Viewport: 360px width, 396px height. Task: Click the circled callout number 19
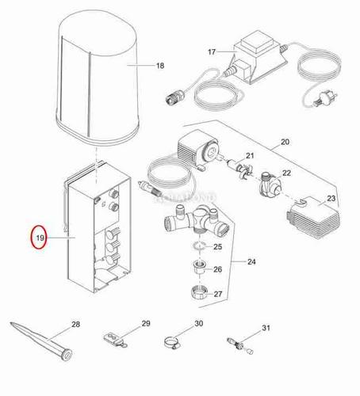tap(39, 237)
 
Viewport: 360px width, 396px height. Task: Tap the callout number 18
tap(159, 66)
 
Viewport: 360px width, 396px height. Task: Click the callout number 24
tap(251, 261)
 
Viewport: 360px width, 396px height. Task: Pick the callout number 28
tap(75, 324)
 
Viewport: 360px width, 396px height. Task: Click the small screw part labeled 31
tap(236, 342)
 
